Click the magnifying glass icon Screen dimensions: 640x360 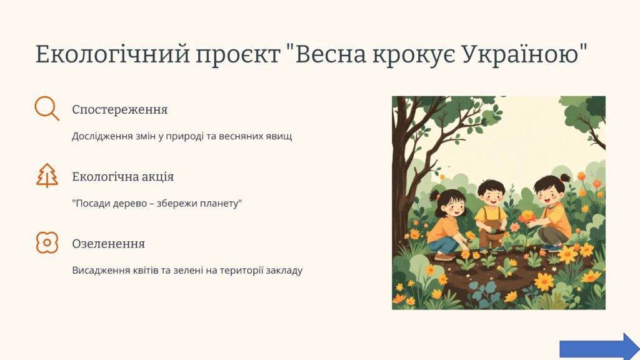[45, 107]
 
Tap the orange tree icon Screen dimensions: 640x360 [47, 176]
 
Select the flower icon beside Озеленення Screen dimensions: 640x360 [47, 242]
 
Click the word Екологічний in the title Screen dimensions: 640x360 [112, 54]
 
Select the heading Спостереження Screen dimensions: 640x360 [119, 110]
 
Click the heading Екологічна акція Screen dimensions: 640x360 [123, 177]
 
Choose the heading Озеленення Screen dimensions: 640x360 [109, 244]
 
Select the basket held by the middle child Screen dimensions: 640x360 [495, 236]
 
